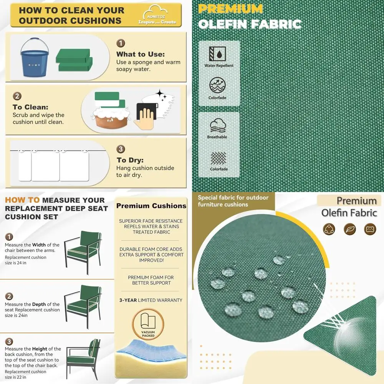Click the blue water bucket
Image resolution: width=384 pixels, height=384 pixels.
click(x=35, y=58)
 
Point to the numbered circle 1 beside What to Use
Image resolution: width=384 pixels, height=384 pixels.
click(x=121, y=43)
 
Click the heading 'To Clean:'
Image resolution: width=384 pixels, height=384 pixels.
click(x=30, y=107)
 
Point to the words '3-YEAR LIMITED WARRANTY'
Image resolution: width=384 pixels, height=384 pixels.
click(x=151, y=300)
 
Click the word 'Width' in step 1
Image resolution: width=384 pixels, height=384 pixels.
click(x=39, y=245)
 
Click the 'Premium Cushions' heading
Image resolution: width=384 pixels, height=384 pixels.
click(x=151, y=206)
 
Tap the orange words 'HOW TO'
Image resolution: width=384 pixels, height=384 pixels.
click(x=22, y=200)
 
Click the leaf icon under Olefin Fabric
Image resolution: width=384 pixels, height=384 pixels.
click(x=349, y=229)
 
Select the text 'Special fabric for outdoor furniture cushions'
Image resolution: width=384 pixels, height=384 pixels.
click(x=233, y=201)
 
